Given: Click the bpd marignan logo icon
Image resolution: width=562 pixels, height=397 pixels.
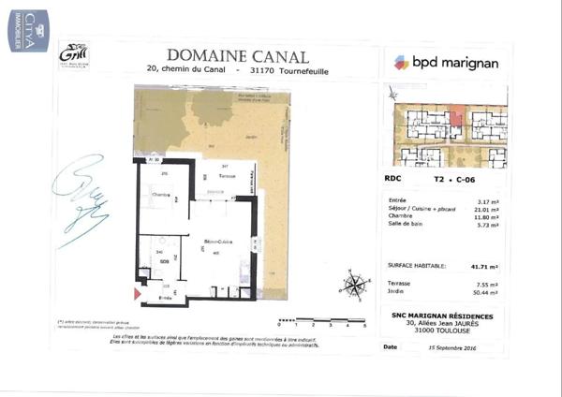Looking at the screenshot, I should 402,63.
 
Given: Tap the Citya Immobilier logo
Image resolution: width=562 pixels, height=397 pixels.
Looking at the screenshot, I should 12,31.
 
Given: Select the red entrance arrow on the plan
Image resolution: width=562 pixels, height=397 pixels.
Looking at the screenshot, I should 138,295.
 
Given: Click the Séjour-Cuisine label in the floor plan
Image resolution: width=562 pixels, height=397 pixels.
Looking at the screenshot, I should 214,241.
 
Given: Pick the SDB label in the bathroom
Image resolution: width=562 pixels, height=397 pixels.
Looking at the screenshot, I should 163,263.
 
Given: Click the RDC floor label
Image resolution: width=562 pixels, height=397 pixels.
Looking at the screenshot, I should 392,177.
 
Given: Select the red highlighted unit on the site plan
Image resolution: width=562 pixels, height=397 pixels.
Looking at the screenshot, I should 457,118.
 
